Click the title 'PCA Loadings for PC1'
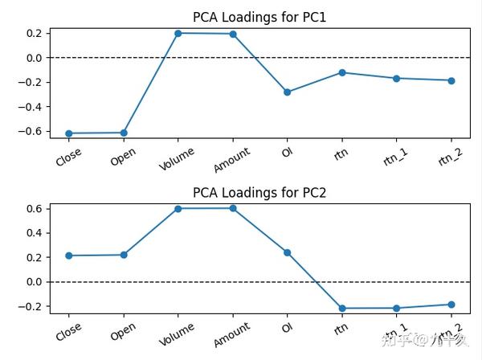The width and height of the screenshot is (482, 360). (259, 17)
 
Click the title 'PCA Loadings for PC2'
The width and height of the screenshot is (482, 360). (259, 193)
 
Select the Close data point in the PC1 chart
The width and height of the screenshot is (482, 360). (69, 133)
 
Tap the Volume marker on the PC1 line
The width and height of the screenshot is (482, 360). (178, 33)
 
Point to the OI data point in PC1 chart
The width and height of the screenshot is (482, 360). (288, 92)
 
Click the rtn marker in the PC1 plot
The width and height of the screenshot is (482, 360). (342, 72)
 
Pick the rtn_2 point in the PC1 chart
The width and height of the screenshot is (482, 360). (451, 80)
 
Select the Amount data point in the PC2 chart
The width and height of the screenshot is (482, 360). (233, 208)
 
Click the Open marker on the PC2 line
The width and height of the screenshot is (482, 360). (124, 255)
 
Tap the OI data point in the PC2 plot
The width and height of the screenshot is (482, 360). (288, 252)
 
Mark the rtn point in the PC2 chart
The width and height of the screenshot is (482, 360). (342, 309)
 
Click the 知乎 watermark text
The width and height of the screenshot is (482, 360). (395, 341)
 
